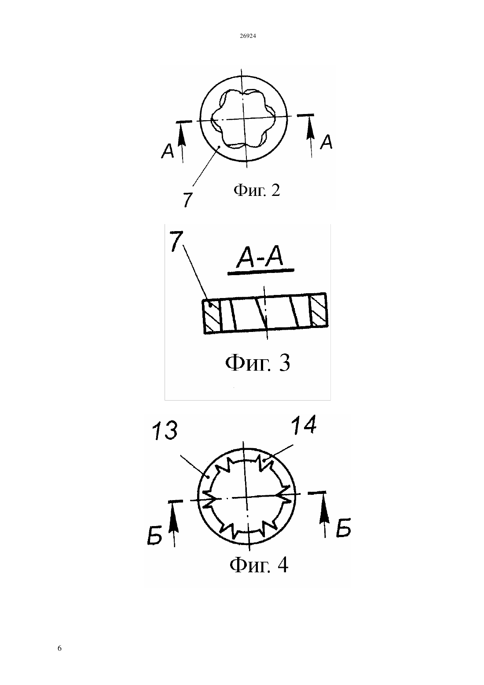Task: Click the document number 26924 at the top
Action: coord(248,36)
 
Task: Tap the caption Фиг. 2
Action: coord(257,190)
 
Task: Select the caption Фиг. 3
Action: coord(257,363)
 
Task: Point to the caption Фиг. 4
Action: coord(259,565)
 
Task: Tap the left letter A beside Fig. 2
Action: coord(168,151)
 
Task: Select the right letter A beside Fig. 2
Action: coord(326,142)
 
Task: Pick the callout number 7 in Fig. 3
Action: coord(176,241)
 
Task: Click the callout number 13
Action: coord(165,431)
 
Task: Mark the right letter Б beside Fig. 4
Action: coord(343,527)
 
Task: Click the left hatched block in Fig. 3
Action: coord(211,317)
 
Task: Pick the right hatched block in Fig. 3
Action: coord(319,309)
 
